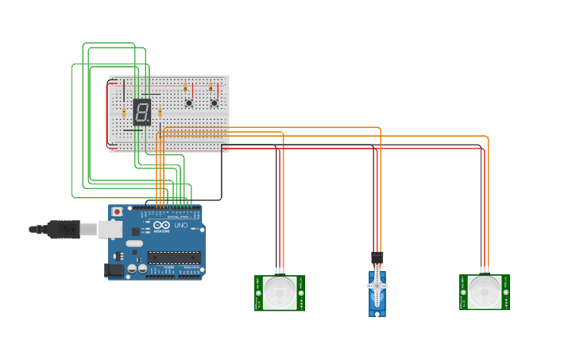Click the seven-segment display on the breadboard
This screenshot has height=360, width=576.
tap(141, 112)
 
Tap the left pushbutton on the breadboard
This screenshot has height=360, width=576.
tap(188, 103)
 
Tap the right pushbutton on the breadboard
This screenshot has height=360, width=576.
tap(214, 103)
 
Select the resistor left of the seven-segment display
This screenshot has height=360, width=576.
tap(124, 112)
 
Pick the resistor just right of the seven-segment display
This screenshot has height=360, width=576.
tap(160, 112)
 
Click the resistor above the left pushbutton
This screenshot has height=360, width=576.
tap(185, 87)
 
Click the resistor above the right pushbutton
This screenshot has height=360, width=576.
tap(211, 87)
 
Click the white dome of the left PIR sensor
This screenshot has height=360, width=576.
tap(280, 292)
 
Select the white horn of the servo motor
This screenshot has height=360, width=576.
tap(377, 285)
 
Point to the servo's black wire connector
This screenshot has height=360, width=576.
tap(377, 257)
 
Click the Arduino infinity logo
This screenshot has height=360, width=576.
tap(161, 227)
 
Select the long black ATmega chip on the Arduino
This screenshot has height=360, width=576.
tap(173, 257)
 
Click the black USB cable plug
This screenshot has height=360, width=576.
tap(60, 229)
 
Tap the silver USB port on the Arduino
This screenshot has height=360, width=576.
tap(110, 229)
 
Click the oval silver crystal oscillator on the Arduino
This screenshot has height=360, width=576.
tap(133, 243)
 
